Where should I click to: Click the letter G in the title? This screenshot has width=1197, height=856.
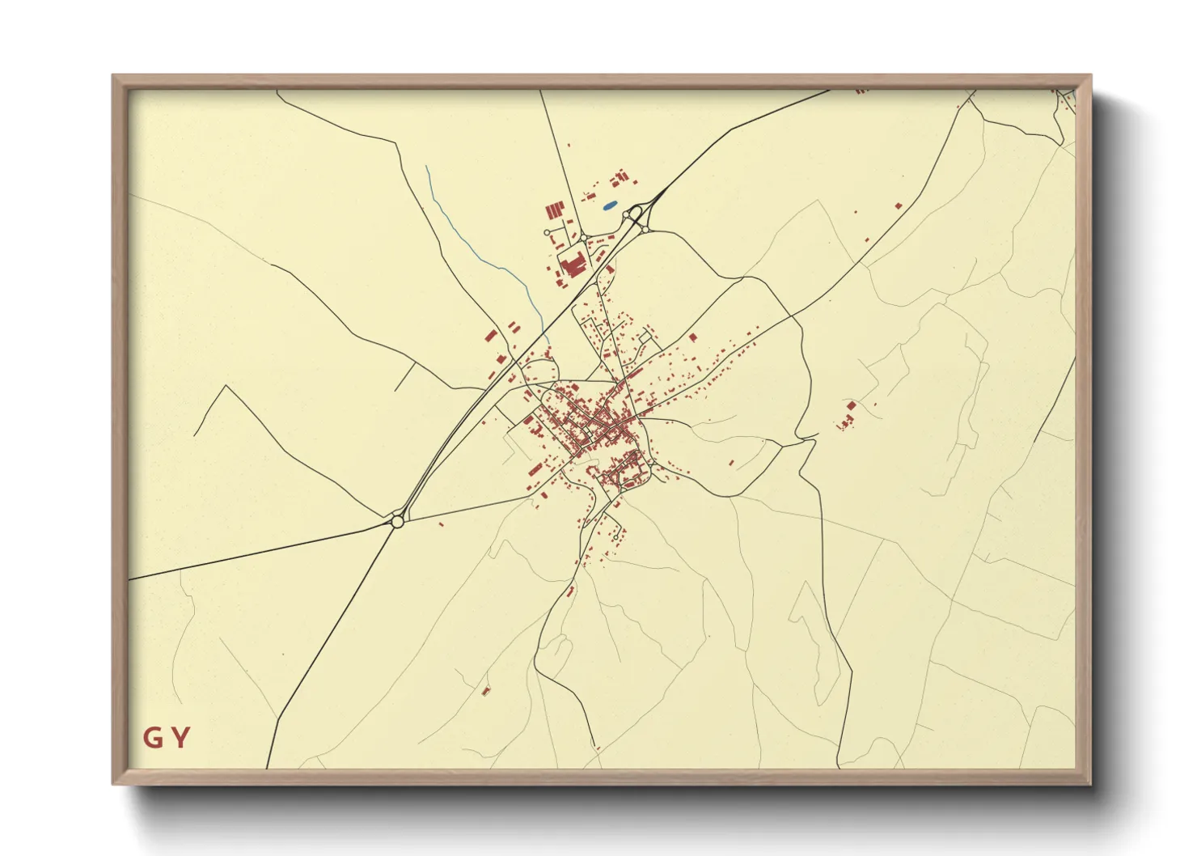tap(152, 738)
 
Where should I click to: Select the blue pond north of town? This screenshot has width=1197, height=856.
tap(611, 206)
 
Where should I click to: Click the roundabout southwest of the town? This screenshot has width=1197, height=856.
tap(396, 522)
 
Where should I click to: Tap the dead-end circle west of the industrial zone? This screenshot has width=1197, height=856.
tap(548, 232)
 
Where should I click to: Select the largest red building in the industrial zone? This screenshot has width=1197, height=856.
tap(574, 264)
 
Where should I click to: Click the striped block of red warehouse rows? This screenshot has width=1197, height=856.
tap(553, 210)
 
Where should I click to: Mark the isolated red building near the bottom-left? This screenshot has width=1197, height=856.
tap(486, 691)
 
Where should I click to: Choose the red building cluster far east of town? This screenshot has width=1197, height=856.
tap(848, 414)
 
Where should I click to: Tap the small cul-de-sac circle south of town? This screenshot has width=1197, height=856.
tap(615, 537)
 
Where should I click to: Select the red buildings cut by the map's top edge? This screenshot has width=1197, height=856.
tap(861, 91)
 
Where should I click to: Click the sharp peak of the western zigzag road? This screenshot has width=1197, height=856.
tap(225, 386)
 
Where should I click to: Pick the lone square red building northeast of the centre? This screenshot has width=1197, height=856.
tap(692, 337)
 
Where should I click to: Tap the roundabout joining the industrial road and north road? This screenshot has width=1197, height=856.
tap(582, 237)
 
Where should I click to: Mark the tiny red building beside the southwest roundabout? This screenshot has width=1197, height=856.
tap(442, 524)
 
